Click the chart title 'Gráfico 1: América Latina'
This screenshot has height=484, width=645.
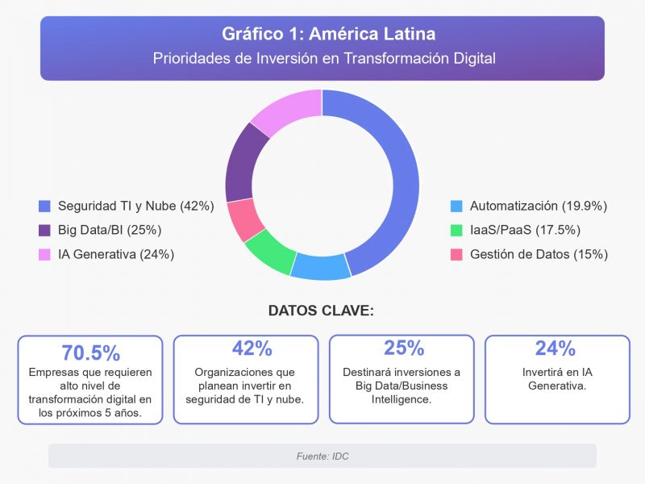pyautogui.click(x=322, y=35)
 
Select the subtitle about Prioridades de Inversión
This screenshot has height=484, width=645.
pyautogui.click(x=322, y=59)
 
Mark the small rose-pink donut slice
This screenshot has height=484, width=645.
pyautogui.click(x=243, y=219)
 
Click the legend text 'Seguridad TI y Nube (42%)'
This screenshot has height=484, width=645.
pyautogui.click(x=135, y=206)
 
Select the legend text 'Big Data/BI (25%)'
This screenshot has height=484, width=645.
pyautogui.click(x=110, y=230)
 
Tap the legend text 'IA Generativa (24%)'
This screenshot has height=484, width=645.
pyautogui.click(x=116, y=254)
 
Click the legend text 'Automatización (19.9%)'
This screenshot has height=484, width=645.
pyautogui.click(x=538, y=206)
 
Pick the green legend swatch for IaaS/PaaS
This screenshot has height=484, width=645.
pyautogui.click(x=456, y=230)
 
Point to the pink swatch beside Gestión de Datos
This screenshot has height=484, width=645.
pyautogui.click(x=456, y=254)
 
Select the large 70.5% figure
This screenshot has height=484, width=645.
pyautogui.click(x=90, y=353)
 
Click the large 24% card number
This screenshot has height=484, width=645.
pyautogui.click(x=557, y=348)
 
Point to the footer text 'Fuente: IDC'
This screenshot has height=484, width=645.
pyautogui.click(x=322, y=456)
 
